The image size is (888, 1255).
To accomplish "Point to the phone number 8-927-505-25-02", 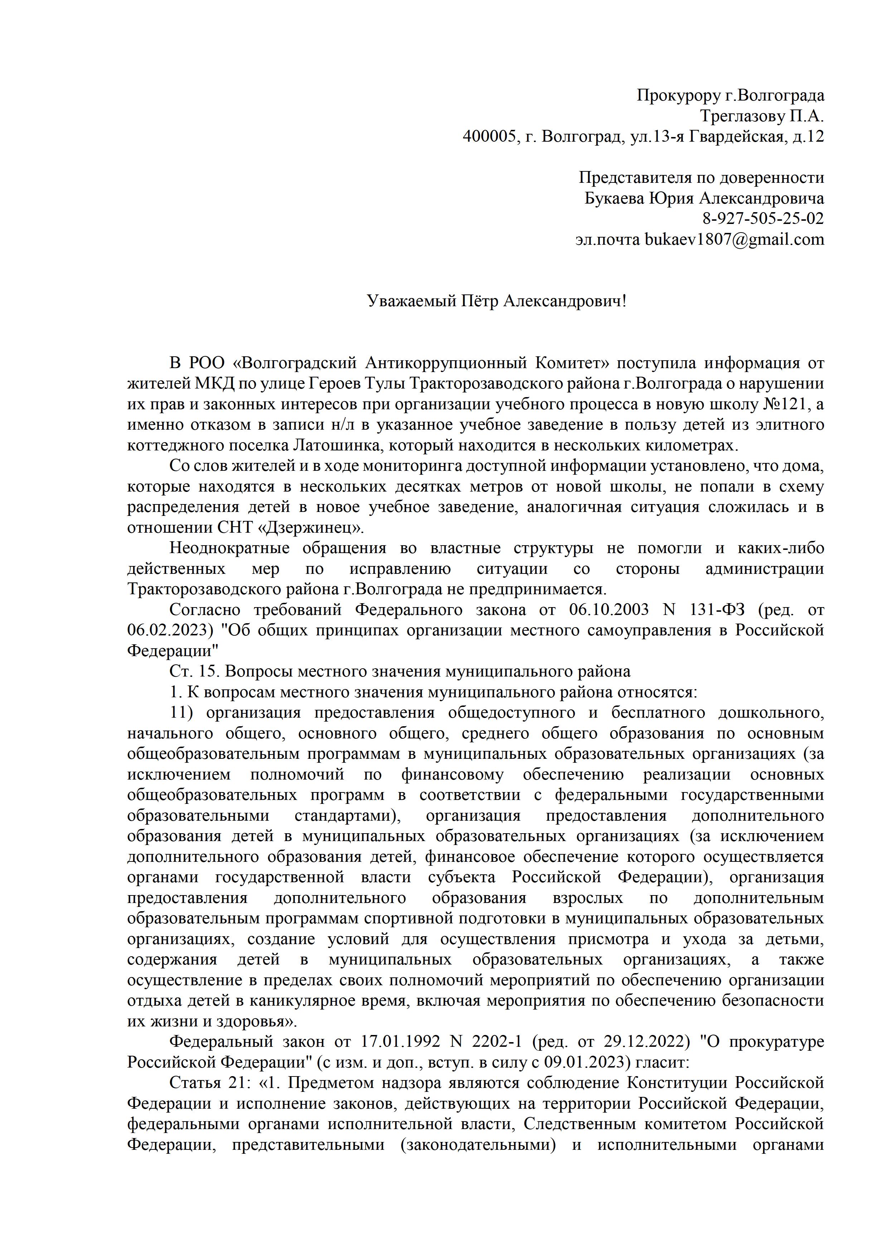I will [763, 219].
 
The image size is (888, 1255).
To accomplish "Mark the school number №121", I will [783, 405].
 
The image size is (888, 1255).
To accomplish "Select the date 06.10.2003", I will [608, 610].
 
